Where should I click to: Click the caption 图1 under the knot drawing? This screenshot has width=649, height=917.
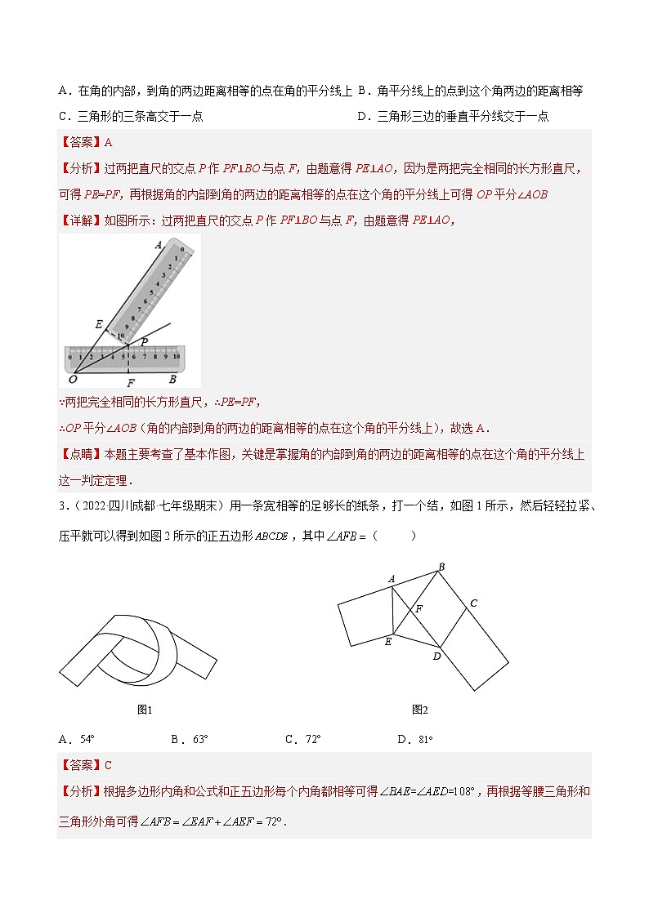145,710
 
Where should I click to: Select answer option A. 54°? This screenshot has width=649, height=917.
78,739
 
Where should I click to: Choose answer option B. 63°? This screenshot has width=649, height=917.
190,739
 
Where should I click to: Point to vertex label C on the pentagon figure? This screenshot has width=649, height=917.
472,604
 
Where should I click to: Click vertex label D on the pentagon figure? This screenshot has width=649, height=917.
436,656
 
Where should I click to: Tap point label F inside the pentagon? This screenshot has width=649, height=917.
418,609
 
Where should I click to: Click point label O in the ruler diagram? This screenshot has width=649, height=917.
73,378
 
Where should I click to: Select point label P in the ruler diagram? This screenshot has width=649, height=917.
145,342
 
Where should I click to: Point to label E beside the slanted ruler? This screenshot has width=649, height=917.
98,324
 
